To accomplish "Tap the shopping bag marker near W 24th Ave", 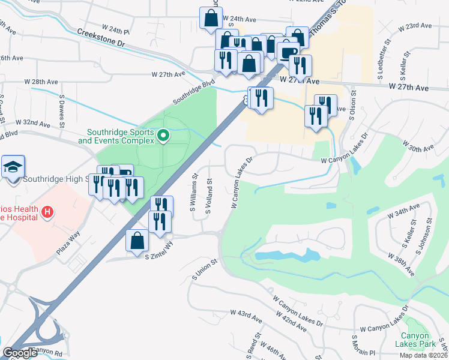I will [211, 19].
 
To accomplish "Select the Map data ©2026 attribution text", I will [424, 355].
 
